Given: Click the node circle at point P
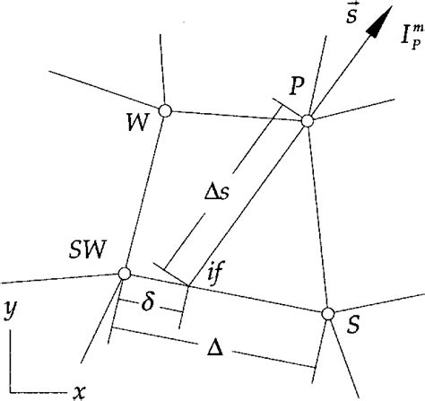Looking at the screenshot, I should (307, 119).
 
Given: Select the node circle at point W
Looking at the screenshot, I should (164, 110).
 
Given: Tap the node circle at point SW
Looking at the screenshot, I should (125, 274).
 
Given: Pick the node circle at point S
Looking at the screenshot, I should (327, 313).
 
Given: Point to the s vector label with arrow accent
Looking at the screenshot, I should (350, 15).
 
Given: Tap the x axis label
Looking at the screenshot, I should (80, 391).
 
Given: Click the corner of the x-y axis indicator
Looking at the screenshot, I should (12, 389).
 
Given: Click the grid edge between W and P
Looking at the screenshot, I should (235, 115).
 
